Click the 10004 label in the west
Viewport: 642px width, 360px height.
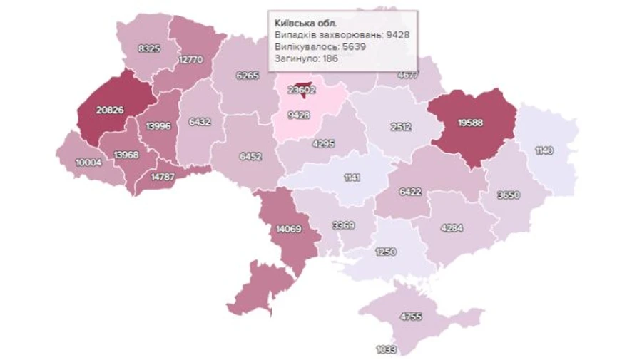click(87, 162)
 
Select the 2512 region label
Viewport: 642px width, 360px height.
click(401, 128)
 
